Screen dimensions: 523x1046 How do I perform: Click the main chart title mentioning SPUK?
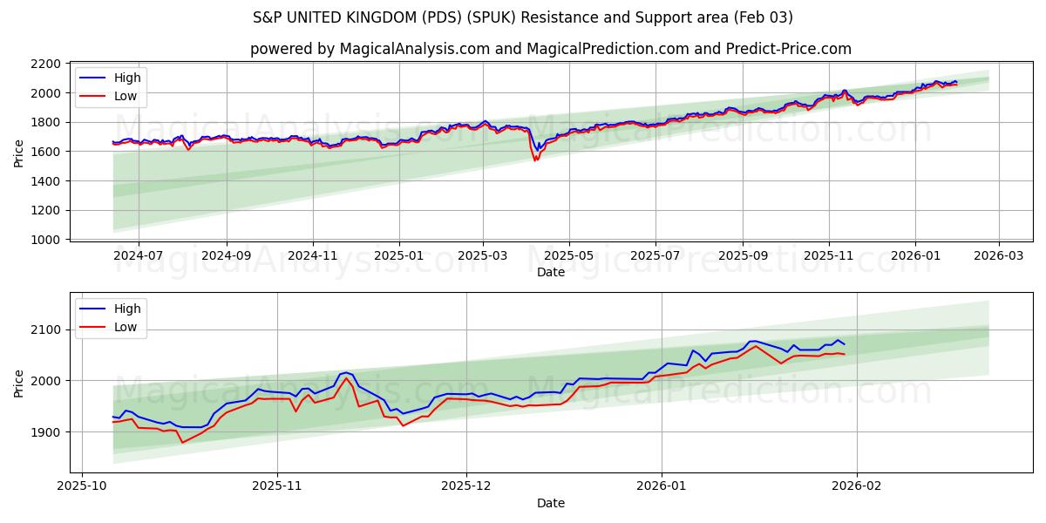pyautogui.click(x=523, y=17)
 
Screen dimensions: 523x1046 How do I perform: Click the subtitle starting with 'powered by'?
pyautogui.click(x=550, y=49)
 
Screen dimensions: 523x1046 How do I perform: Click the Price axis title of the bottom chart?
pyautogui.click(x=19, y=383)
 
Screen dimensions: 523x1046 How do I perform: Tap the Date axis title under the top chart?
pyautogui.click(x=550, y=273)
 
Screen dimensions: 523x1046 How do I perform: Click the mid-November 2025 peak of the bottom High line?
pyautogui.click(x=346, y=372)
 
